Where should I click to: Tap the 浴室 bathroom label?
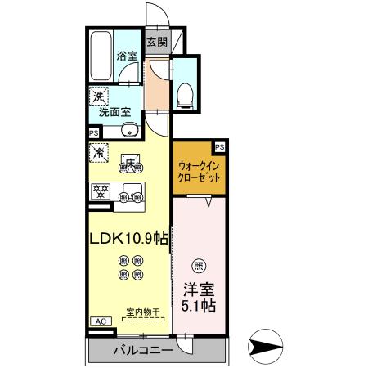tap(127, 56)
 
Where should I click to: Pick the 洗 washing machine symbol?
tap(98, 96)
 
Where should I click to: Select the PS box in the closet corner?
tap(219, 146)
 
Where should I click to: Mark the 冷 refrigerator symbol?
tap(98, 152)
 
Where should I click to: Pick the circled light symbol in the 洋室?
tap(196, 265)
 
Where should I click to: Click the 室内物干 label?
tap(141, 312)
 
